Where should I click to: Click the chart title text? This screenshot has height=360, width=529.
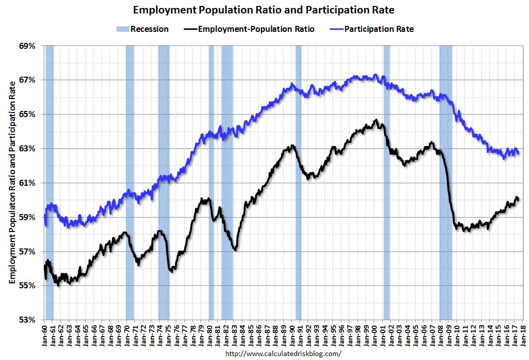pyautogui.click(x=264, y=9)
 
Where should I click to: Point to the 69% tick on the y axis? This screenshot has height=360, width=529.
pyautogui.click(x=28, y=46)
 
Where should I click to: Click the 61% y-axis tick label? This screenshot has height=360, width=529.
pyautogui.click(x=28, y=183)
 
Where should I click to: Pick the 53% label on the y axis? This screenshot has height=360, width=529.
pyautogui.click(x=28, y=320)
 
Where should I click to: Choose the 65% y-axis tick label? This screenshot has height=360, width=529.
pyautogui.click(x=28, y=115)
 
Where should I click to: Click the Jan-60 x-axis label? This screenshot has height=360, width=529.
pyautogui.click(x=45, y=334)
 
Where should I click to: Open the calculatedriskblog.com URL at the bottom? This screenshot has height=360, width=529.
pyautogui.click(x=284, y=353)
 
